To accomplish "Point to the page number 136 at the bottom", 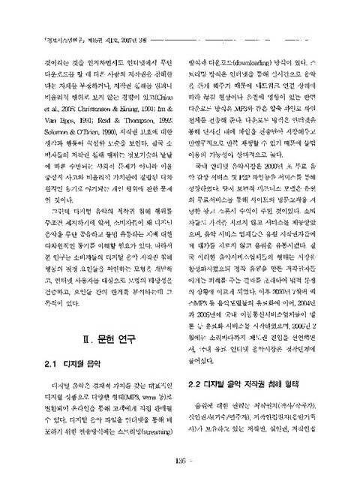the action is point(179,481).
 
